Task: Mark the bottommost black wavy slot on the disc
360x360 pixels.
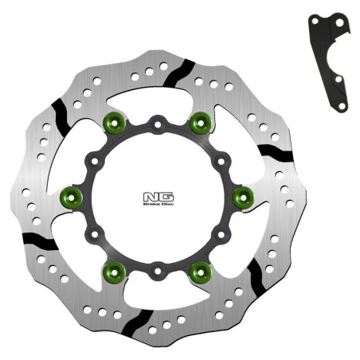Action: [137, 320]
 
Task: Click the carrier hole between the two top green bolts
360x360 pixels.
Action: [158, 124]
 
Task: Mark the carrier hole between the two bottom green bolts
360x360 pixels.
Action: [158, 272]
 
